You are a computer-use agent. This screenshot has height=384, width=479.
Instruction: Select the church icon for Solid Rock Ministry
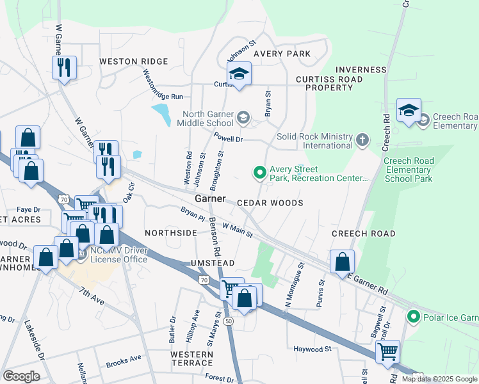pos(362,140)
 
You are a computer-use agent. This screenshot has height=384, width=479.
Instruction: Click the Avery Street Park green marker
pos(259,172)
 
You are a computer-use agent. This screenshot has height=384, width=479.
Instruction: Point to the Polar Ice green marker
pos(414,316)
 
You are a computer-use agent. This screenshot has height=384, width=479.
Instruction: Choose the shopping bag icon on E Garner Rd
pos(343,261)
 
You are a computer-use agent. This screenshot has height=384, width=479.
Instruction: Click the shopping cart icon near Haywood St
pos(387,351)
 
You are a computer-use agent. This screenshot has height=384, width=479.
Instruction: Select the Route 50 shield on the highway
pos(229,321)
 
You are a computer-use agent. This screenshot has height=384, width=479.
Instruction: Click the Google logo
pos(21,376)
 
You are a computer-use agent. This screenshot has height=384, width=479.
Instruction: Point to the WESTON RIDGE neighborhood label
pos(133,61)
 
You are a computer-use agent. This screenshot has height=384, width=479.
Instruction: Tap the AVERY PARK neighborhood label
pos(282,54)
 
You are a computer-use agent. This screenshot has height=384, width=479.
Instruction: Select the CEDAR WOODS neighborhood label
pos(270,203)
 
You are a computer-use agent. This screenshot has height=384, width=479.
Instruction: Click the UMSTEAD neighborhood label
pos(212,264)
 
